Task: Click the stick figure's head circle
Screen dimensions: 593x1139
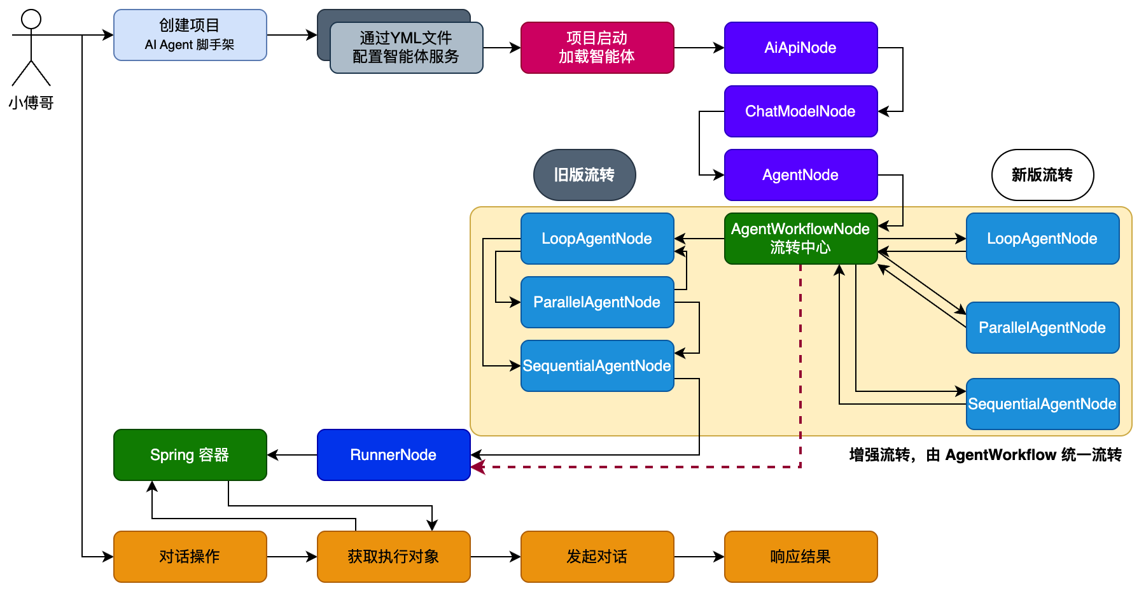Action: pos(31,19)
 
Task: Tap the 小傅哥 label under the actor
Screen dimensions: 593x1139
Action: pos(31,102)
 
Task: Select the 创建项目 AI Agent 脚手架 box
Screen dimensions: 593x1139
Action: pos(190,35)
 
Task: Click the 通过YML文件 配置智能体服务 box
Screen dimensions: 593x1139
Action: pos(406,48)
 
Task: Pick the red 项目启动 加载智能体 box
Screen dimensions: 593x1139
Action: pos(597,48)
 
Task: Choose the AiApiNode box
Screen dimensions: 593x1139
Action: pos(800,48)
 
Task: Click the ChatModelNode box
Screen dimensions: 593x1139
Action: pos(800,111)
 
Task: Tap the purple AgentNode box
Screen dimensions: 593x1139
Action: pos(800,175)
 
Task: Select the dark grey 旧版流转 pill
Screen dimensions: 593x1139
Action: pos(584,175)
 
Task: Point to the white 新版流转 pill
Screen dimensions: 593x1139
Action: pos(1042,175)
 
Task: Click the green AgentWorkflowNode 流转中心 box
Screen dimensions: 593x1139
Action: pos(800,239)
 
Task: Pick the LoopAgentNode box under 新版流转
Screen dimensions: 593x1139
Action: pos(1042,239)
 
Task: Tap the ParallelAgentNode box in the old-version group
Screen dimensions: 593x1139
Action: pos(597,302)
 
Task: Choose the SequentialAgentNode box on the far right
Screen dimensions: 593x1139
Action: pos(1042,404)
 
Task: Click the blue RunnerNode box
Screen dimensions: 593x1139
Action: pos(393,455)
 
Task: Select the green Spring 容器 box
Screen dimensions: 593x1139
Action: pos(190,455)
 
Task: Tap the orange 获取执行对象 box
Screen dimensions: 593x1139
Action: pos(393,557)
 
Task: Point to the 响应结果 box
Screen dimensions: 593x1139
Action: pos(800,557)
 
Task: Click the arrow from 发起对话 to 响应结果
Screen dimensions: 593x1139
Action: pos(699,557)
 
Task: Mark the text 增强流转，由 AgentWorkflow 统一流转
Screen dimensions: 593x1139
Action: pos(985,455)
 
